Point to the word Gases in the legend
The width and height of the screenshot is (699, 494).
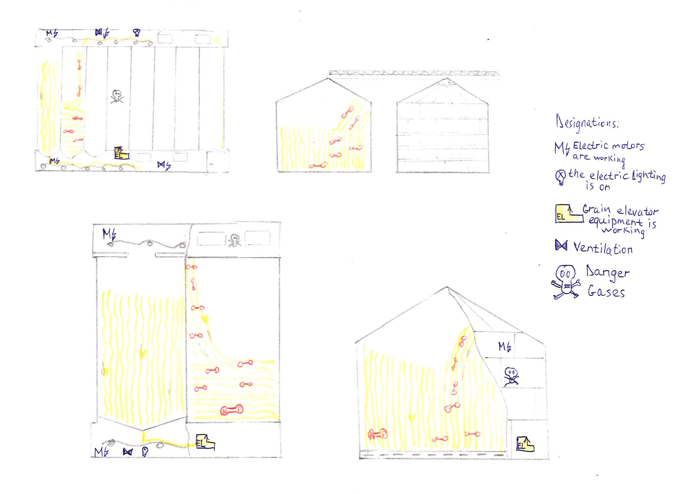606,292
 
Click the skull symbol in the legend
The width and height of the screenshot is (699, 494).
565,283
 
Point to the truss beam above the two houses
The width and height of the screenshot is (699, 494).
414,73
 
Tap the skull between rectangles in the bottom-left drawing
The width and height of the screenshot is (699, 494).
235,239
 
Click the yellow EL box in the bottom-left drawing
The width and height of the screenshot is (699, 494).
205,442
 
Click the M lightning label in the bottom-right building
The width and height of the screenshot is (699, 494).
505,346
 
